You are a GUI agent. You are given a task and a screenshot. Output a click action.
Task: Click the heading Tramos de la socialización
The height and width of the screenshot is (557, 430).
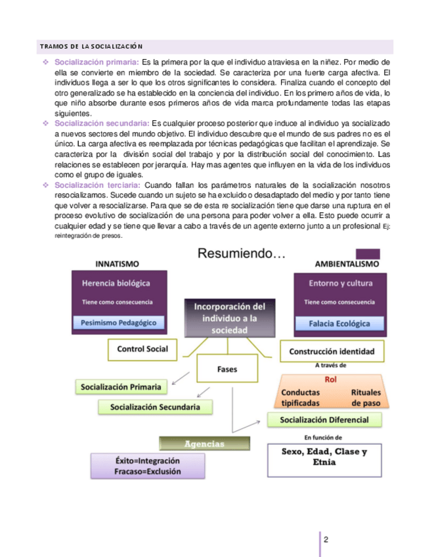click(91, 47)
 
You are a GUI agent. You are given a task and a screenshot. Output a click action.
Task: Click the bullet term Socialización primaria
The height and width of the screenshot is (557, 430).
click(96, 62)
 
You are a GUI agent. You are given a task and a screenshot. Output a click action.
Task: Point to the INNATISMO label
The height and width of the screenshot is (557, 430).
click(117, 264)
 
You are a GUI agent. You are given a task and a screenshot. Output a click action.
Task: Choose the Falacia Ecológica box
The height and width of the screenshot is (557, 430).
click(339, 323)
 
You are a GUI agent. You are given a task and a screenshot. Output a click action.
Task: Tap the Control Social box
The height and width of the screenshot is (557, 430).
click(142, 349)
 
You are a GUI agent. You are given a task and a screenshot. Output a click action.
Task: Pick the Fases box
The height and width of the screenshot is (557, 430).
click(227, 369)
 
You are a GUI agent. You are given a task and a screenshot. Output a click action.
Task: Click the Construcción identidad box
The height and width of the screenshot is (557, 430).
click(332, 351)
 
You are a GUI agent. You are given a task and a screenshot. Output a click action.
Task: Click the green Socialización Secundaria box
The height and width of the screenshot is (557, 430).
click(156, 407)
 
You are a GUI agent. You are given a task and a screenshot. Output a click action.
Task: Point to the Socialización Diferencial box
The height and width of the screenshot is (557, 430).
click(324, 420)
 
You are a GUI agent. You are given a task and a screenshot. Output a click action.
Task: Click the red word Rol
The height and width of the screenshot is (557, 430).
click(331, 379)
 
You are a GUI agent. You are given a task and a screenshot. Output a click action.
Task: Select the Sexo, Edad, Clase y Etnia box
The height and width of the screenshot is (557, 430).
click(324, 457)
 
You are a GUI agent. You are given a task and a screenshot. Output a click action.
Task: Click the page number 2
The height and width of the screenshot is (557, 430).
click(326, 539)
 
